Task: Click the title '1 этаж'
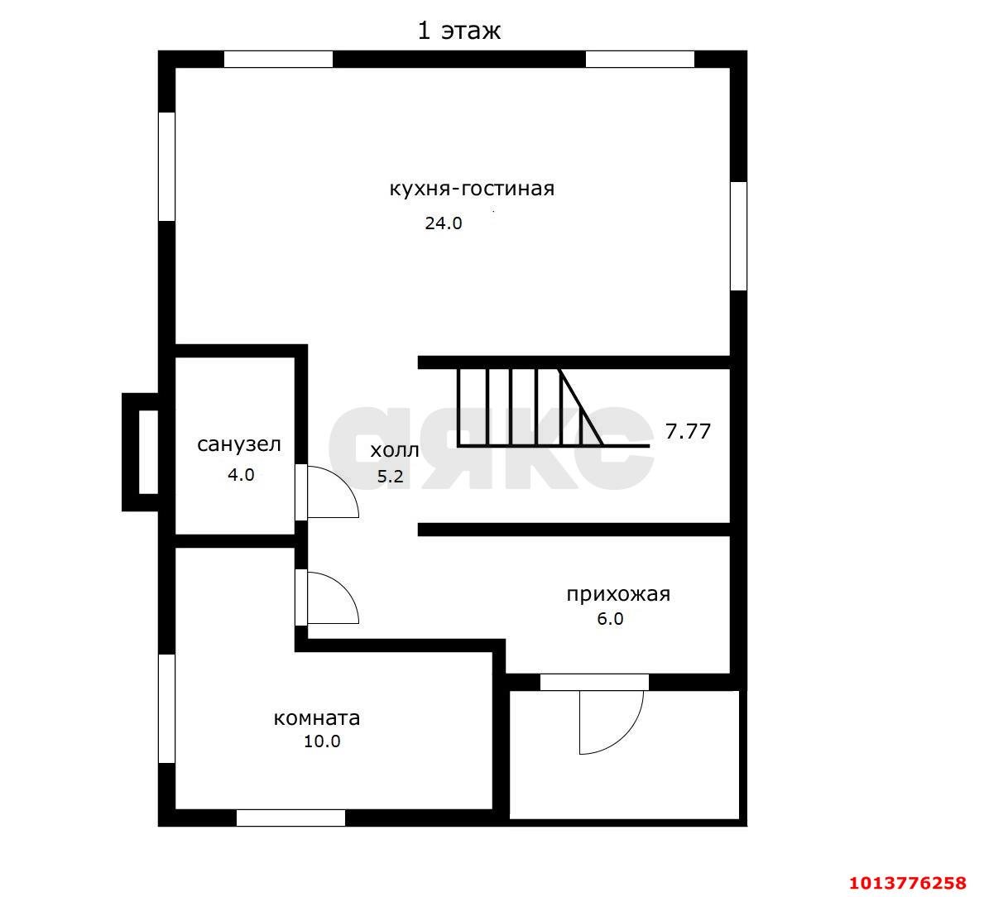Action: pyautogui.click(x=459, y=30)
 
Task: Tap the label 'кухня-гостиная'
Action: pyautogui.click(x=472, y=188)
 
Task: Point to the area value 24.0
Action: pyautogui.click(x=444, y=223)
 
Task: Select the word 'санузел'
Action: pyautogui.click(x=239, y=444)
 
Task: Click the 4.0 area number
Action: pyautogui.click(x=241, y=475)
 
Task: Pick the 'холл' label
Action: pyautogui.click(x=394, y=450)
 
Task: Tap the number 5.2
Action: pyautogui.click(x=390, y=477)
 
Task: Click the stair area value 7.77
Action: pyautogui.click(x=688, y=432)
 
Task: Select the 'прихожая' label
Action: pyautogui.click(x=618, y=594)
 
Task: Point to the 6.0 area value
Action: pyautogui.click(x=610, y=619)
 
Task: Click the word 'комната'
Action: pyautogui.click(x=317, y=717)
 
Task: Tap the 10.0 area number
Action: pyautogui.click(x=322, y=741)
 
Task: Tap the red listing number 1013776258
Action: pyautogui.click(x=907, y=883)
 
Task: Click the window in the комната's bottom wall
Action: pyautogui.click(x=290, y=818)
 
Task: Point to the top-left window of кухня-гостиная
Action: pyautogui.click(x=279, y=59)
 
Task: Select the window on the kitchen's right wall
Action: pyautogui.click(x=739, y=236)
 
